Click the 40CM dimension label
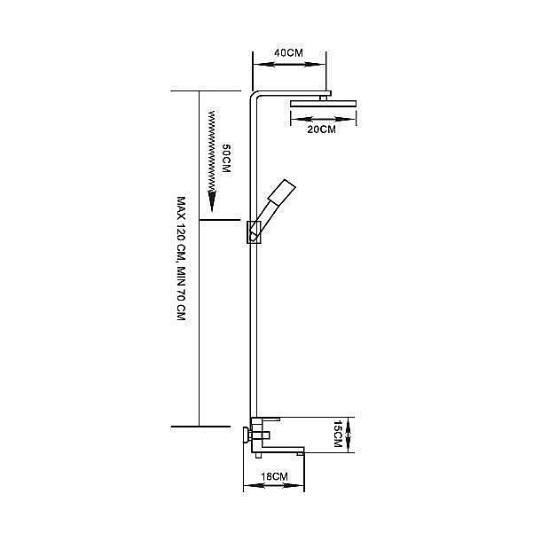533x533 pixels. pyautogui.click(x=288, y=52)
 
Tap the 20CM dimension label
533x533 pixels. pyautogui.click(x=321, y=129)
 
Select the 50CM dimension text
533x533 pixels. pyautogui.click(x=226, y=158)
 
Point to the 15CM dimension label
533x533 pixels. pyautogui.click(x=338, y=434)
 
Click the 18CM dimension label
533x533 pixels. pyautogui.click(x=274, y=476)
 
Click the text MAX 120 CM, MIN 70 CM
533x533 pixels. pyautogui.click(x=181, y=258)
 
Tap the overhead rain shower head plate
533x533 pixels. pyautogui.click(x=323, y=104)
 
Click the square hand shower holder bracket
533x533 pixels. pyautogui.click(x=254, y=231)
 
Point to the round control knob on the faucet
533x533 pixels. pyautogui.click(x=246, y=435)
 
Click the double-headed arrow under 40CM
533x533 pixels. pyautogui.click(x=288, y=64)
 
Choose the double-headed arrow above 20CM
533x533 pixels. pyautogui.click(x=323, y=120)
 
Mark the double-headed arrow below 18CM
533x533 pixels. pyautogui.click(x=274, y=486)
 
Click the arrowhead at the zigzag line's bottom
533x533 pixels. pyautogui.click(x=213, y=201)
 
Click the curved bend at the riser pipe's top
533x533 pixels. pyautogui.click(x=255, y=96)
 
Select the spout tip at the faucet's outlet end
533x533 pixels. pyautogui.click(x=301, y=453)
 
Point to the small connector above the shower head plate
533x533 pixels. pyautogui.click(x=324, y=98)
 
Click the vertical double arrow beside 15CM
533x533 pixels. pyautogui.click(x=348, y=435)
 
